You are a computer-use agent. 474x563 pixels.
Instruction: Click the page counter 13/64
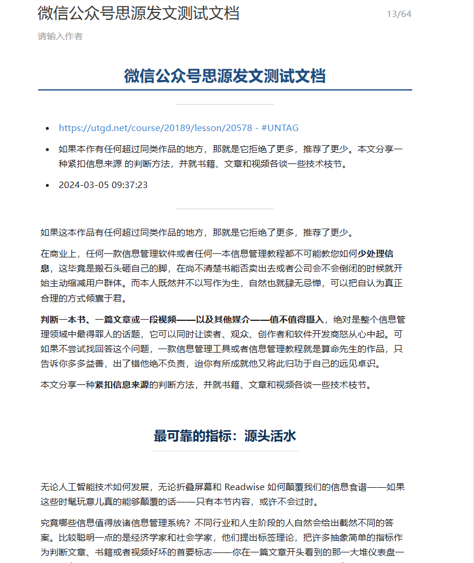399,14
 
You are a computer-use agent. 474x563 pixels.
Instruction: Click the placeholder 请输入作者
60,36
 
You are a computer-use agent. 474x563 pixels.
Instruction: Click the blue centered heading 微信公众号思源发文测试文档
225,76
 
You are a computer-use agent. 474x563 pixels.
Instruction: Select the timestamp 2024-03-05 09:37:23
103,185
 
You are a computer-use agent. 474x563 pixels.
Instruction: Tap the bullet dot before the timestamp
48,185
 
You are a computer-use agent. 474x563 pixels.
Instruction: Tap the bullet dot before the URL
48,128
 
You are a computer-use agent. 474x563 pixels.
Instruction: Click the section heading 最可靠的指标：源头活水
225,435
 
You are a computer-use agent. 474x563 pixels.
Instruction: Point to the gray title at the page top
138,13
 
